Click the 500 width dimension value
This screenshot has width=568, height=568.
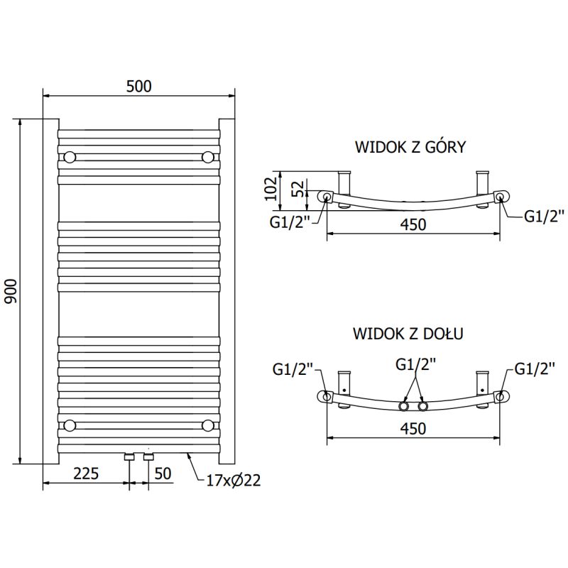coord(139,86)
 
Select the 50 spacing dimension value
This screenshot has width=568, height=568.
coord(163,473)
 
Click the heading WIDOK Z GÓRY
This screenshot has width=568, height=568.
coord(410,147)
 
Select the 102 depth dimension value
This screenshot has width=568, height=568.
coord(271,188)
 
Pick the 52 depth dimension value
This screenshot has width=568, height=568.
coord(298,189)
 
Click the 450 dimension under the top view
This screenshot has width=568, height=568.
coord(413,225)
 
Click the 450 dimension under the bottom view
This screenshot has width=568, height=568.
coord(413,429)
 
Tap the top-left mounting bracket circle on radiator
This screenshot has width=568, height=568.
coord(70,156)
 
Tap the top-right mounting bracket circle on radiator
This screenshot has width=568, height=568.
coord(207,156)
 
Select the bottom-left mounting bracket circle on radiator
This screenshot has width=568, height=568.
coord(70,425)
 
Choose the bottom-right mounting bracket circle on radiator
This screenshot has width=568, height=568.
coord(207,425)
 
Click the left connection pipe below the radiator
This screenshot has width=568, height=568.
coord(130,457)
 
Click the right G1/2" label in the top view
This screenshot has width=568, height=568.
coord(545,216)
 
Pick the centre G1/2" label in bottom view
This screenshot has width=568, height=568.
coord(415,364)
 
